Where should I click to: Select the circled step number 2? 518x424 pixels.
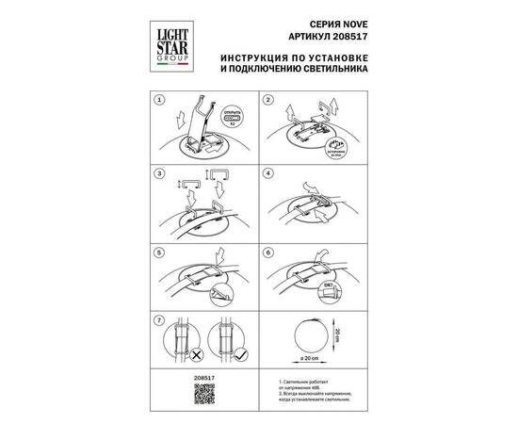click(268, 99)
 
